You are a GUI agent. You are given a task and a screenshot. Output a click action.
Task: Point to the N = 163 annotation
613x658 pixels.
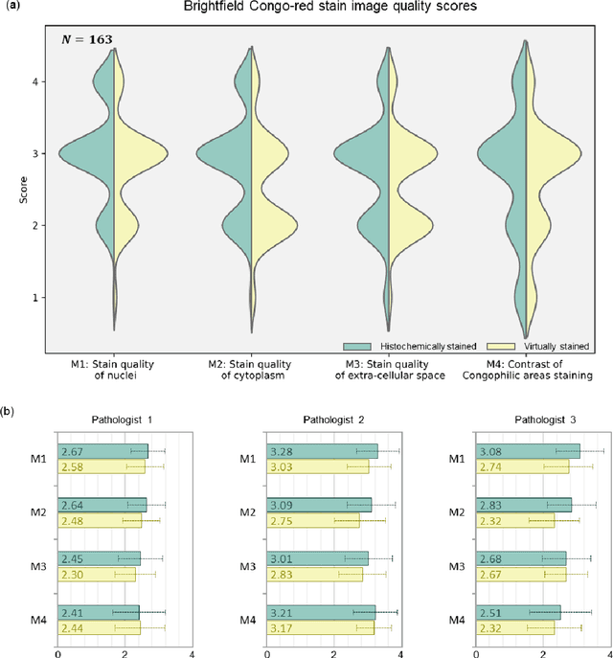(x=89, y=39)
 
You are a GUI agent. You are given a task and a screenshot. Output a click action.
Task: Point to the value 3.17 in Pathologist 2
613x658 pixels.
(x=278, y=628)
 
